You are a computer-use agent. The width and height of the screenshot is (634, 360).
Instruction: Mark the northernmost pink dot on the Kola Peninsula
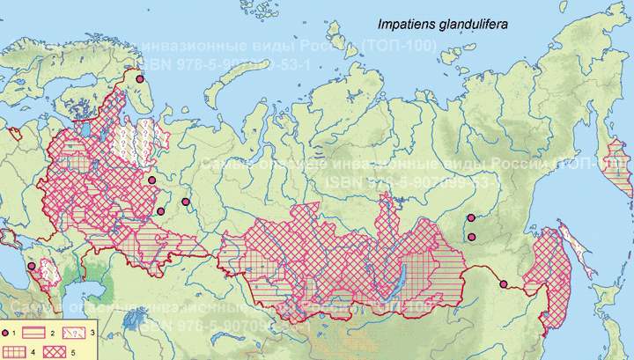tap(138, 79)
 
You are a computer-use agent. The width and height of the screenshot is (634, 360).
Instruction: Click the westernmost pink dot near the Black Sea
tap(32, 266)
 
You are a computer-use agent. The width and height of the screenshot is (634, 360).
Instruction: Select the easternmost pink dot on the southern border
tap(504, 283)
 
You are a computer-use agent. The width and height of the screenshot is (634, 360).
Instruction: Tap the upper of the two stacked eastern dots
tap(471, 217)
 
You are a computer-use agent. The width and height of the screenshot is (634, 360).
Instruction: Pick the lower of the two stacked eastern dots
tap(471, 236)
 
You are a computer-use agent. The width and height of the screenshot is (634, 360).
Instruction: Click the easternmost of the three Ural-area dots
tap(186, 202)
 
